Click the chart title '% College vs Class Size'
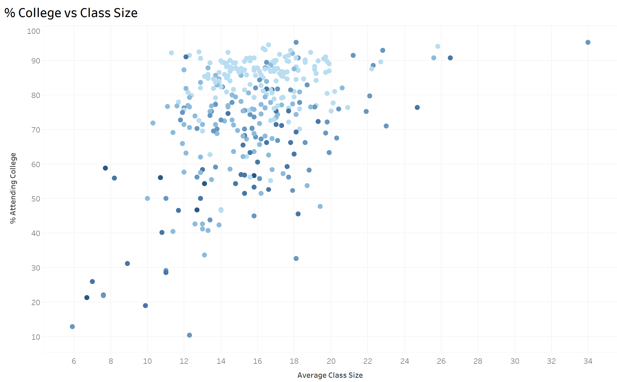[x=71, y=13]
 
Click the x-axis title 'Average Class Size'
[x=330, y=375]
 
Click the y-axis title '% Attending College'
[x=13, y=188]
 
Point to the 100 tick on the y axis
[x=34, y=31]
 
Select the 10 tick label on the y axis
[x=36, y=337]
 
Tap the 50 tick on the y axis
[x=36, y=199]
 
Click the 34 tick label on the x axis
[x=588, y=361]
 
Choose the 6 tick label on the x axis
[x=74, y=361]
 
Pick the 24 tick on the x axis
[x=404, y=361]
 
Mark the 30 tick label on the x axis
[x=515, y=361]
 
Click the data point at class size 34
[x=588, y=42]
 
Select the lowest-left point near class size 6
[x=72, y=327]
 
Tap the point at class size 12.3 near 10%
[x=189, y=335]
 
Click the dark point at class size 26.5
[x=450, y=58]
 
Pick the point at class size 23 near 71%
[x=386, y=126]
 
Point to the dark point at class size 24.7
[x=417, y=107]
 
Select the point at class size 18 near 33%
[x=296, y=259]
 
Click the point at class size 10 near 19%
[x=145, y=305]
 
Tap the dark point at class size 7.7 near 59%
[x=105, y=168]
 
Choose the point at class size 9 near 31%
[x=127, y=264]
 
